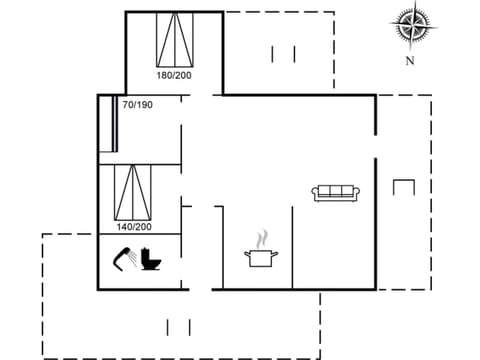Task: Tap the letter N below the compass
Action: [409, 60]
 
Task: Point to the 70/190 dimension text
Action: [137, 105]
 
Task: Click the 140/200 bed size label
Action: [132, 227]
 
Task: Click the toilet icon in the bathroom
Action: [152, 261]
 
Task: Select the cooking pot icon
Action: [261, 257]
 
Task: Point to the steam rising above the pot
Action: [262, 240]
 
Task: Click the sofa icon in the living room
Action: [336, 192]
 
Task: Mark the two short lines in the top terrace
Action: [283, 54]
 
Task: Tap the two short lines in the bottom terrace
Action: [179, 326]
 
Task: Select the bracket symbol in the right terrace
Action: [404, 188]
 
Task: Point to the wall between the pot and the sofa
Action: [292, 245]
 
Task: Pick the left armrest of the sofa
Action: [315, 193]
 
